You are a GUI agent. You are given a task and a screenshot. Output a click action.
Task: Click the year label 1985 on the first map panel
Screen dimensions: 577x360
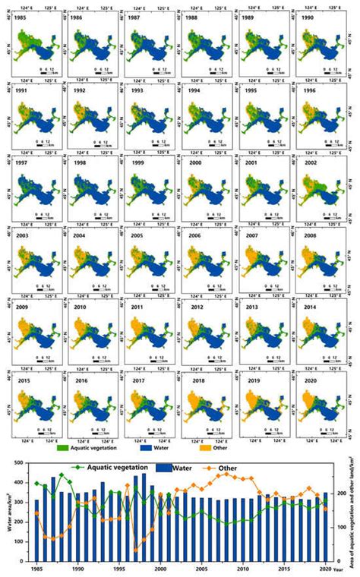pyautogui.click(x=24, y=16)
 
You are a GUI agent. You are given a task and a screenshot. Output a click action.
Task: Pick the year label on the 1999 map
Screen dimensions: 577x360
pyautogui.click(x=135, y=166)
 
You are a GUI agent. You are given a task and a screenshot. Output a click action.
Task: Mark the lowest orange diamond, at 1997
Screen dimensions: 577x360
pyautogui.click(x=135, y=550)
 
